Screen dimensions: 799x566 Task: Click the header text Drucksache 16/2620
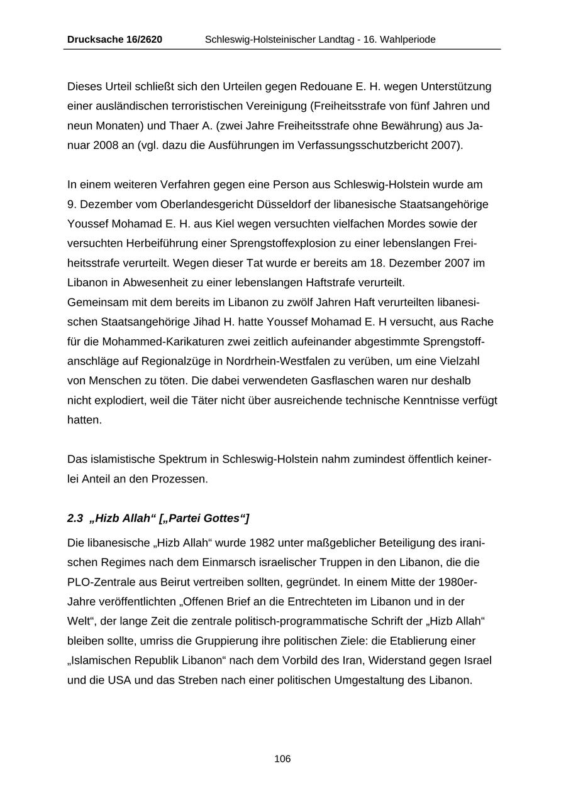[114, 40]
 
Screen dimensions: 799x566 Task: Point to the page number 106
[282, 759]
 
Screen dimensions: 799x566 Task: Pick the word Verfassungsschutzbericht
[369, 145]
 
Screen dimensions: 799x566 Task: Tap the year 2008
[105, 145]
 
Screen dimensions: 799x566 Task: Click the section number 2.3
[75, 518]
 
